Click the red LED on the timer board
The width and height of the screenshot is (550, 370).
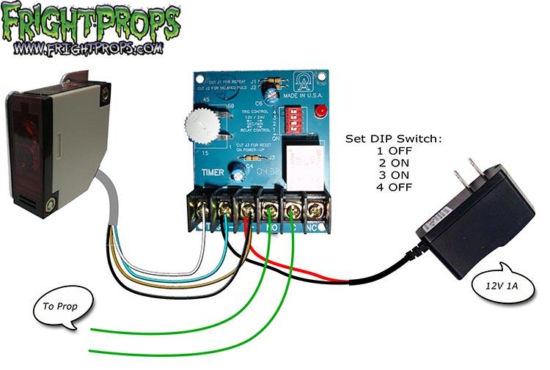click(320, 111)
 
